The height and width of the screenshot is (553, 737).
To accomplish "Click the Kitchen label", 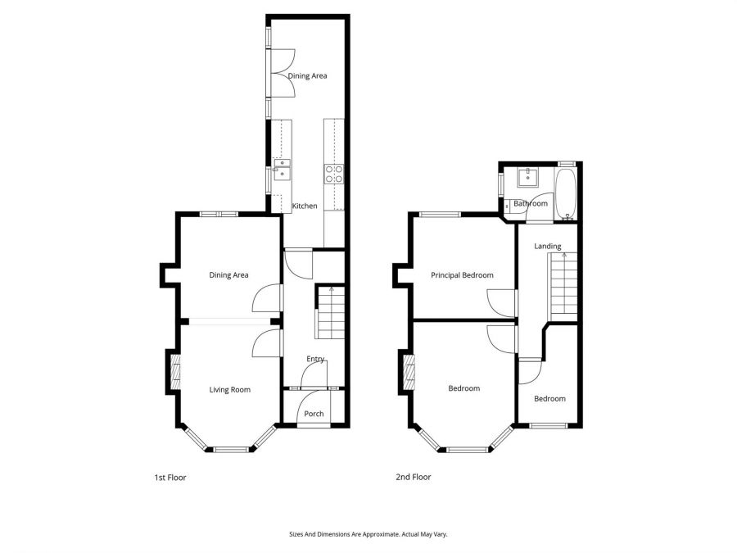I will pos(305,206).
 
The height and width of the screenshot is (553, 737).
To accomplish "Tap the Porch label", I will pos(314,414).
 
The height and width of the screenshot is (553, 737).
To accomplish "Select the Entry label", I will pos(315,359).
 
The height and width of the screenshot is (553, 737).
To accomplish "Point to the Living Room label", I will pos(229,390).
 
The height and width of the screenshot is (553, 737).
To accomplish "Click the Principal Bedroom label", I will pos(462,275).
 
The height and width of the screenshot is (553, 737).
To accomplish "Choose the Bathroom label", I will pos(531,204).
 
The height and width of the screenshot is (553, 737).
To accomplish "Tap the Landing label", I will pos(548,247).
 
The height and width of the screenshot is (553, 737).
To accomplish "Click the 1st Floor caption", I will pos(170,477).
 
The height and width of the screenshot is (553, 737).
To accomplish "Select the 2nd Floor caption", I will pos(414,477).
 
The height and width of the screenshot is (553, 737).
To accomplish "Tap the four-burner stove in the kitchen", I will pos(334,172).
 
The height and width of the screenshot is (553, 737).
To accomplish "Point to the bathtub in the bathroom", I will pos(567,195).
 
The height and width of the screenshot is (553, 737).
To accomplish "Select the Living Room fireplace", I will pos(174,371).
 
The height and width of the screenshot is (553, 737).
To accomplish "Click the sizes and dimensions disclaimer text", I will pos(368,533).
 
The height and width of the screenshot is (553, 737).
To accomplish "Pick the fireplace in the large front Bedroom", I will pos(407,374).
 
